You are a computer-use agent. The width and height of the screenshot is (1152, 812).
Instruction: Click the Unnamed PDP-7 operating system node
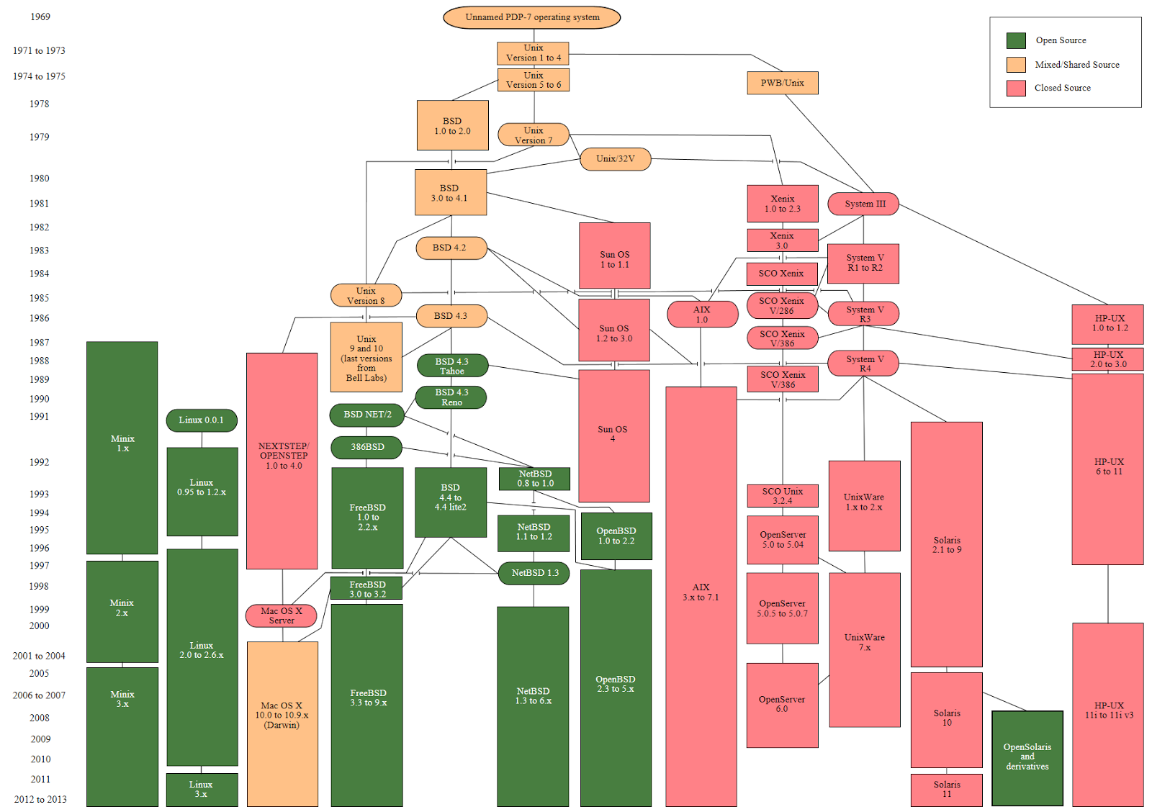point(531,17)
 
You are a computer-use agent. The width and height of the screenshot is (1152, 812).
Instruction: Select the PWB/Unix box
point(782,83)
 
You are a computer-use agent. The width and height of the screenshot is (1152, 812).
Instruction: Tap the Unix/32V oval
point(616,159)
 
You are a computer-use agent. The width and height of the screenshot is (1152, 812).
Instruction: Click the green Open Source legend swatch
point(1016,40)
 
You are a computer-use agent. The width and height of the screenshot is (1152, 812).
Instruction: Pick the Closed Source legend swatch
point(1016,88)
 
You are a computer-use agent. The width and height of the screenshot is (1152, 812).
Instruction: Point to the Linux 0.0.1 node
point(202,420)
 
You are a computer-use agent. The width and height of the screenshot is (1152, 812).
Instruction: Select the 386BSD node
point(366,447)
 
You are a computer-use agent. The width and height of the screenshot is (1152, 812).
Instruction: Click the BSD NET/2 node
point(367,415)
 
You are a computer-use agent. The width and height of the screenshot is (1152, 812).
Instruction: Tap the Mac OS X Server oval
point(282,615)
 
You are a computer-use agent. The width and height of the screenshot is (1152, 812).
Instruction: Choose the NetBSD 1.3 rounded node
point(534,573)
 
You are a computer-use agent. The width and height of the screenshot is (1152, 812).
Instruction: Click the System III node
point(863,204)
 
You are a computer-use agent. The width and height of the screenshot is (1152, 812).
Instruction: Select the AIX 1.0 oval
point(702,315)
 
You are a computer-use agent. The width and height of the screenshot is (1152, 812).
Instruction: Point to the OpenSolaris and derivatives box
point(1027,757)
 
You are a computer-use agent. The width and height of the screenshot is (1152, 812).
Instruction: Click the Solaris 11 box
point(946,790)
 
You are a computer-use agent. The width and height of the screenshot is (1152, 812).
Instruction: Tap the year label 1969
point(40,17)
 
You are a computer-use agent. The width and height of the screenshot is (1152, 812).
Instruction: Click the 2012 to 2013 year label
point(40,799)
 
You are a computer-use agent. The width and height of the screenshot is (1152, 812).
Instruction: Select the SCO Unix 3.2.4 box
point(782,495)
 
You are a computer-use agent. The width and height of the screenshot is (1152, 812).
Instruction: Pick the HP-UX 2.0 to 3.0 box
point(1107,359)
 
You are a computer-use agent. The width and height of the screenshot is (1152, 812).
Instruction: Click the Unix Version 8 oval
point(366,295)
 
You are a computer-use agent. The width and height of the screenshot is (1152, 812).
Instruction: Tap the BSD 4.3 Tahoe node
point(452,366)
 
